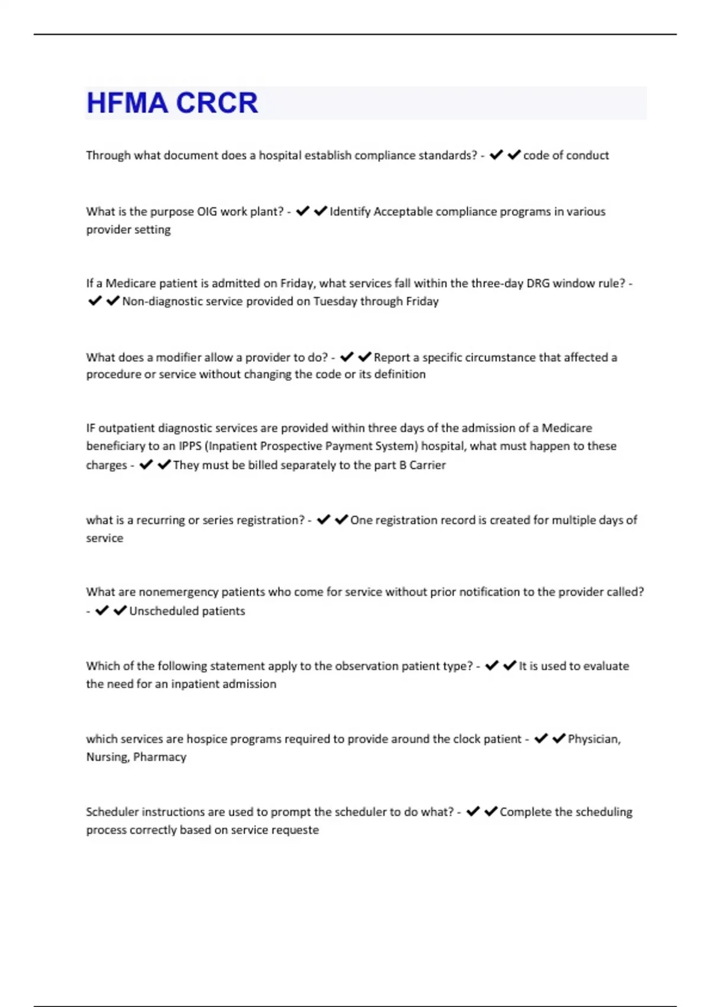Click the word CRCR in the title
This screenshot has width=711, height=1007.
(x=217, y=103)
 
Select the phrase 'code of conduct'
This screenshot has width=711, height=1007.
(x=566, y=155)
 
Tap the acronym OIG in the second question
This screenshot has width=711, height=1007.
(x=207, y=211)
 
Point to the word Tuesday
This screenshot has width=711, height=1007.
(x=335, y=301)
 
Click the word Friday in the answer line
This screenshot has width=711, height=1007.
(x=422, y=301)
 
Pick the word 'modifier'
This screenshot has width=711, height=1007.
(x=178, y=357)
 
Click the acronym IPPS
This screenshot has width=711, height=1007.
(x=190, y=445)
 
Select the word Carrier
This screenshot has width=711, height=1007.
(x=427, y=465)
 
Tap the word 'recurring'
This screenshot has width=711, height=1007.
(x=160, y=520)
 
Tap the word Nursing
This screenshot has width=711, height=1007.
(x=107, y=756)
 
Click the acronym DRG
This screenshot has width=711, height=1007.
(x=538, y=283)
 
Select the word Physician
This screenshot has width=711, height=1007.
(x=594, y=739)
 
